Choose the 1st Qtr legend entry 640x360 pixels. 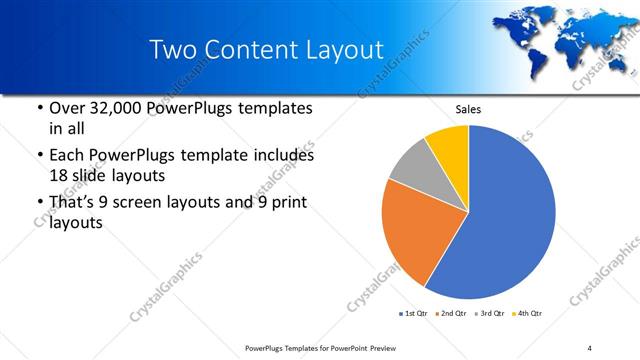[x=413, y=314]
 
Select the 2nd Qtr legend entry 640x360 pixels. [x=452, y=314]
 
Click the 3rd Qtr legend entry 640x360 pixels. [x=490, y=314]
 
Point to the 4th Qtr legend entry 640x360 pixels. [x=527, y=314]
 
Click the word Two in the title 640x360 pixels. [x=173, y=50]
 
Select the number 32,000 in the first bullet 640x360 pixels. [x=111, y=107]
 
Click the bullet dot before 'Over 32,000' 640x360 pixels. [x=39, y=107]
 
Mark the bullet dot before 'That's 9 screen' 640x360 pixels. [x=39, y=203]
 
